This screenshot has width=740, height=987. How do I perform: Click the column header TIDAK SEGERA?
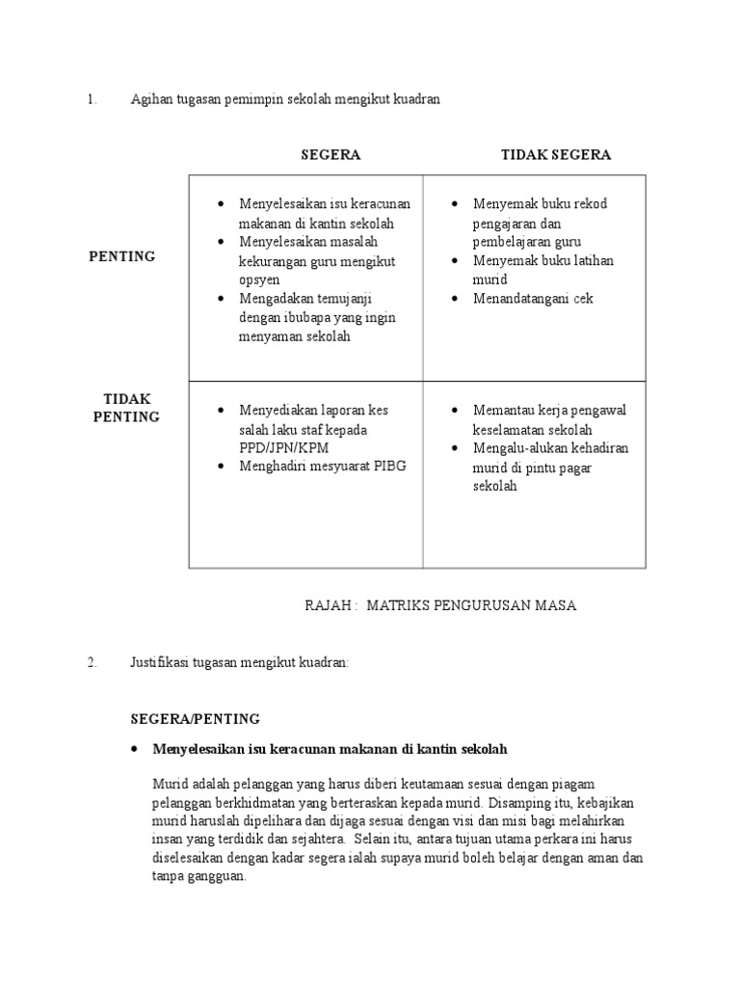pos(556,155)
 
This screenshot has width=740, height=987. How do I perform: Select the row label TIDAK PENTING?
pos(126,408)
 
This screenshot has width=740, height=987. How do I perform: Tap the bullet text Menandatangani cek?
pos(533,299)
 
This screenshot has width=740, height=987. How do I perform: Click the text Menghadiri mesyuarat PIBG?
pos(322,467)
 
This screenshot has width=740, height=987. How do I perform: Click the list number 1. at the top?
pos(92,99)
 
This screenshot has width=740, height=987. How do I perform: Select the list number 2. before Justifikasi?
pos(92,662)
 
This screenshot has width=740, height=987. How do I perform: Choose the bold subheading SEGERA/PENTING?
pos(196,719)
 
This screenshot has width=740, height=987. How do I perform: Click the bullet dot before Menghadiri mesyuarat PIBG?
pos(222,467)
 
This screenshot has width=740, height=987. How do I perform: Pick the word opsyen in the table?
pos(261,280)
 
